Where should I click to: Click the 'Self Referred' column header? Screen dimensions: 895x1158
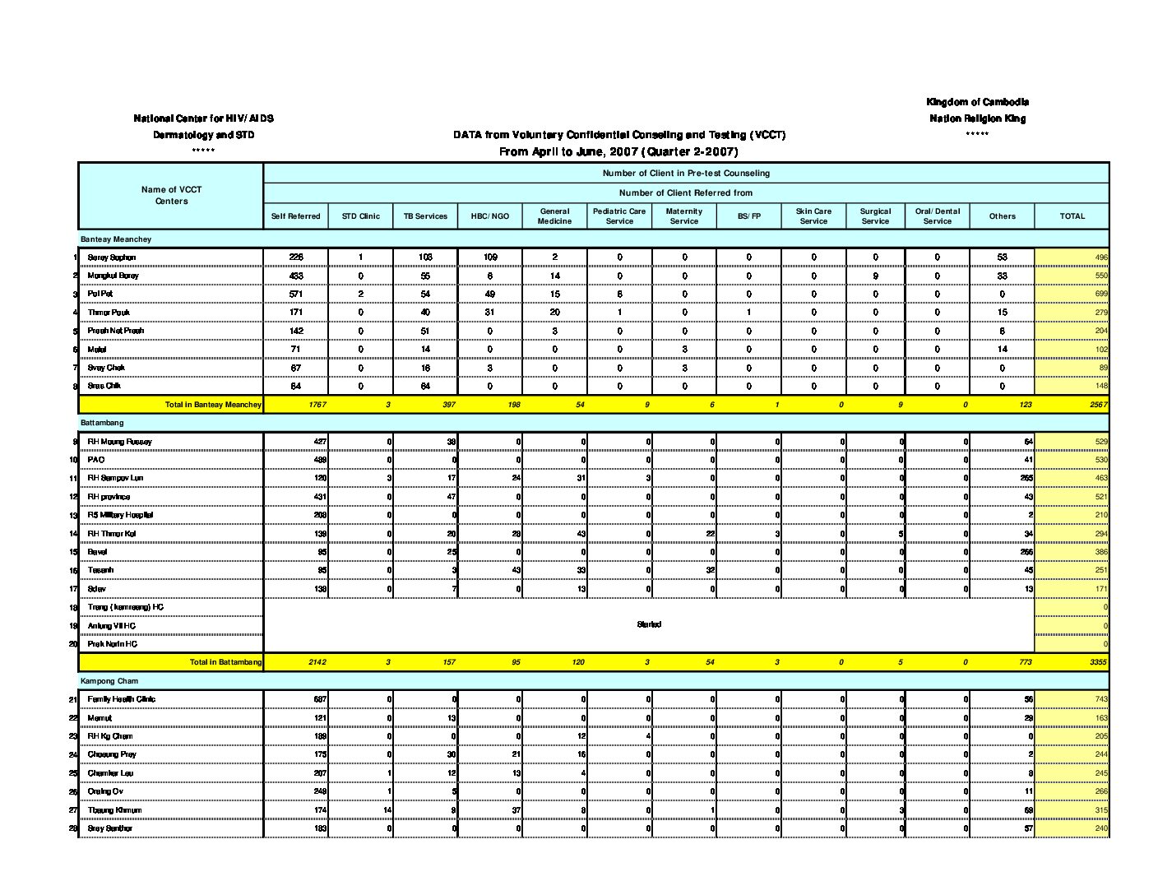point(295,216)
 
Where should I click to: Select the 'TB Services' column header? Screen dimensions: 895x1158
point(425,216)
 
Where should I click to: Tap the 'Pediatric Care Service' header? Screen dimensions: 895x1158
point(619,216)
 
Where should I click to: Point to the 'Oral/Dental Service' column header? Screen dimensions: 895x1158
point(937,216)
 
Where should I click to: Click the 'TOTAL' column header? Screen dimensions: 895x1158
point(1072,216)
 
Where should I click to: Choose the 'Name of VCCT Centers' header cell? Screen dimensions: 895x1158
point(171,196)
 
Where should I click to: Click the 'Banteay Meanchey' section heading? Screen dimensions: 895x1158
point(116,239)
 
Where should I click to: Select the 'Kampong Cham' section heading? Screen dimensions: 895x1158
point(109,681)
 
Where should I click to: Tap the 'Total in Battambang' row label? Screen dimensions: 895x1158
point(225,662)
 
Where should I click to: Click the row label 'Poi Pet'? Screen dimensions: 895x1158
point(100,294)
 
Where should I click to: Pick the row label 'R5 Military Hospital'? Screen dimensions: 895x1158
point(120,515)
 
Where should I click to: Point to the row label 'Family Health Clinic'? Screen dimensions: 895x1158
point(122,699)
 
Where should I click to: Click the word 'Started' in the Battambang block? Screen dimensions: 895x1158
point(649,624)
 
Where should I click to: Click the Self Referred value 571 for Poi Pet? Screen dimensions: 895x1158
point(296,294)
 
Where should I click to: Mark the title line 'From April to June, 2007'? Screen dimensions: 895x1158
point(618,152)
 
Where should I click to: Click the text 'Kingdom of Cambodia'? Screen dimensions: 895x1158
point(977,102)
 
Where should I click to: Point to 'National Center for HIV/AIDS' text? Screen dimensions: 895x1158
point(204,118)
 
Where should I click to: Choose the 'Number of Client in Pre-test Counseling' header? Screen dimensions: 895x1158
point(686,174)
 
